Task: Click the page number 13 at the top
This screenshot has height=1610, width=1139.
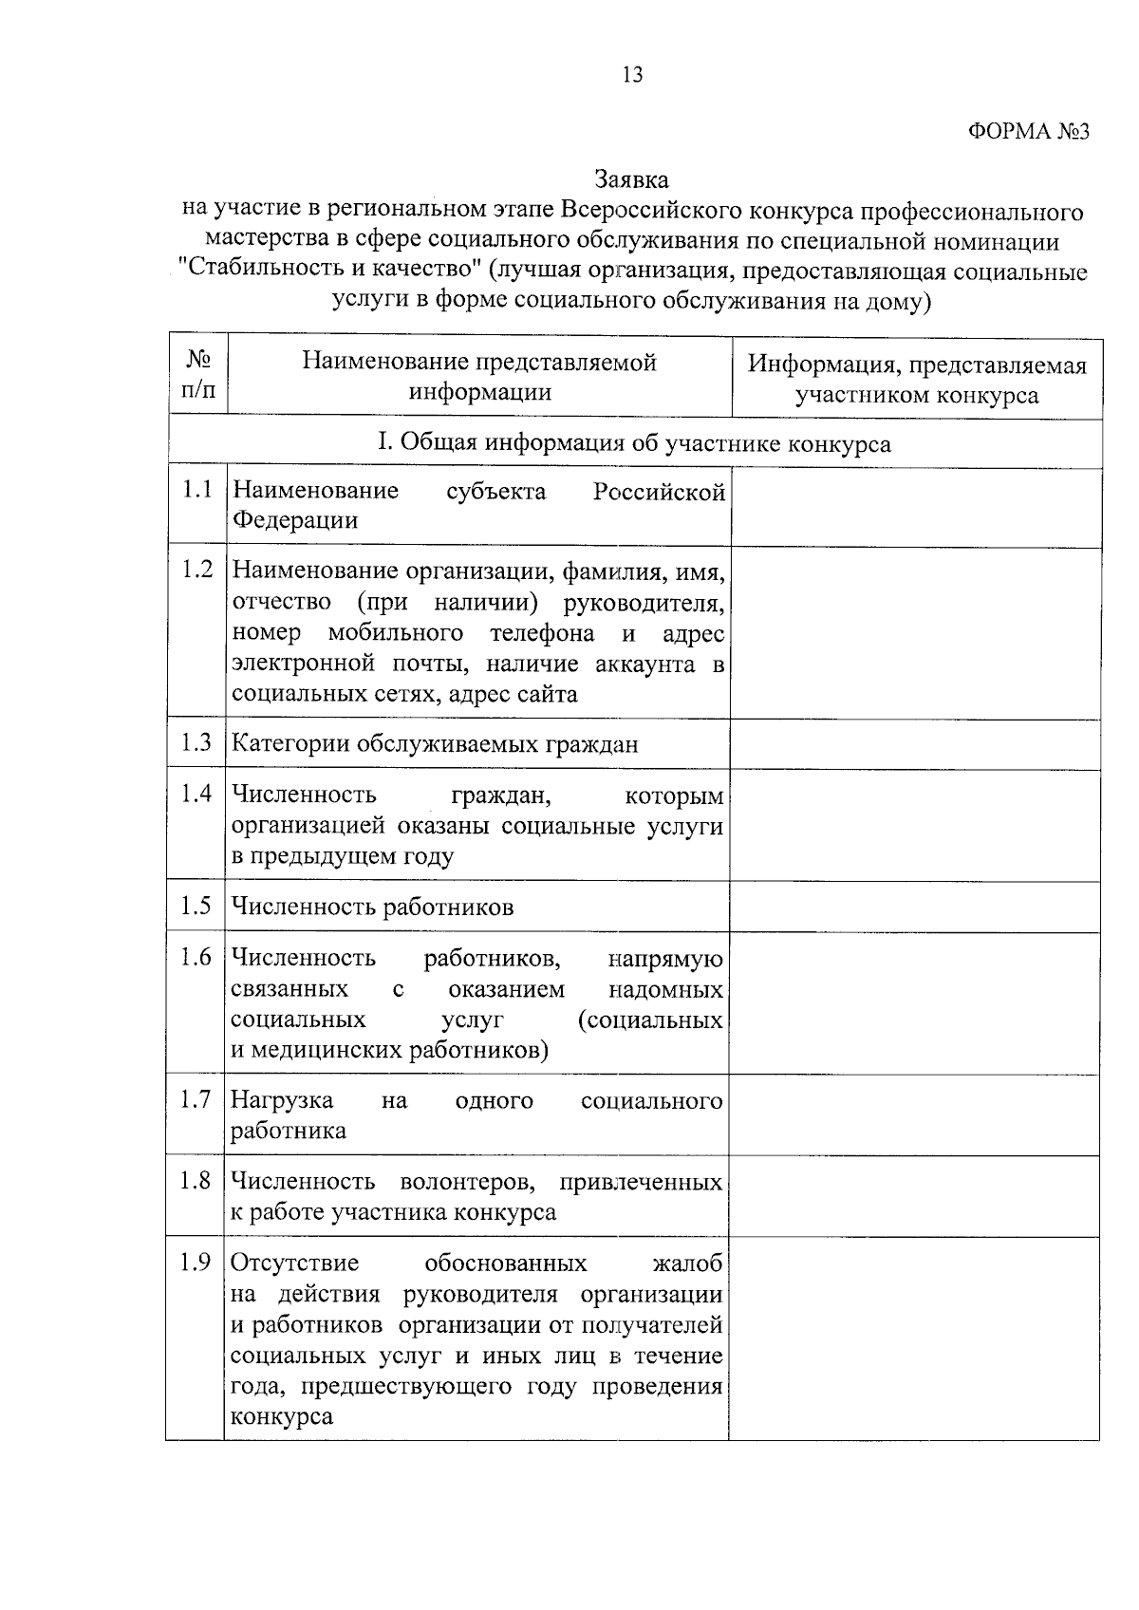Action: point(632,75)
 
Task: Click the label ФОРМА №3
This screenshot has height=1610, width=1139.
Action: point(1029,132)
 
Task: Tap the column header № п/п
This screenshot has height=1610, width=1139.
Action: point(198,376)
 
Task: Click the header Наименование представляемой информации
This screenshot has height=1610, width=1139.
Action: point(479,377)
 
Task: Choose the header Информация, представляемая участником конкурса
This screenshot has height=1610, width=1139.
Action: point(917,379)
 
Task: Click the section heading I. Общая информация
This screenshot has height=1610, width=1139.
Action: point(633,444)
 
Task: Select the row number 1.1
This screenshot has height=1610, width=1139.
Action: point(196,490)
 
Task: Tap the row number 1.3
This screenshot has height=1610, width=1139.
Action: point(196,742)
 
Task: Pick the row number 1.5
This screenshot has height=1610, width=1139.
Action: point(196,906)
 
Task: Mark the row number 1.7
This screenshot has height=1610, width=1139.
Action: point(196,1100)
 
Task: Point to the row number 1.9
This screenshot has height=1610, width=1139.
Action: point(196,1264)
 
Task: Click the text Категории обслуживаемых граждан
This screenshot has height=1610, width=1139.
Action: point(435,744)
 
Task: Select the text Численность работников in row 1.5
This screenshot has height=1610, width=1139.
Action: point(373,908)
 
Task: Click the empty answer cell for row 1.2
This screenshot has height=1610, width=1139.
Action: point(915,632)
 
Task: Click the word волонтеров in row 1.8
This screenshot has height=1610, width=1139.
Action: point(466,1183)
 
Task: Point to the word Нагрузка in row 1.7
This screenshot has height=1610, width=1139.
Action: point(282,1101)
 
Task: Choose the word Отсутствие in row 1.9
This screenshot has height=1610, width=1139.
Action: point(295,1264)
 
